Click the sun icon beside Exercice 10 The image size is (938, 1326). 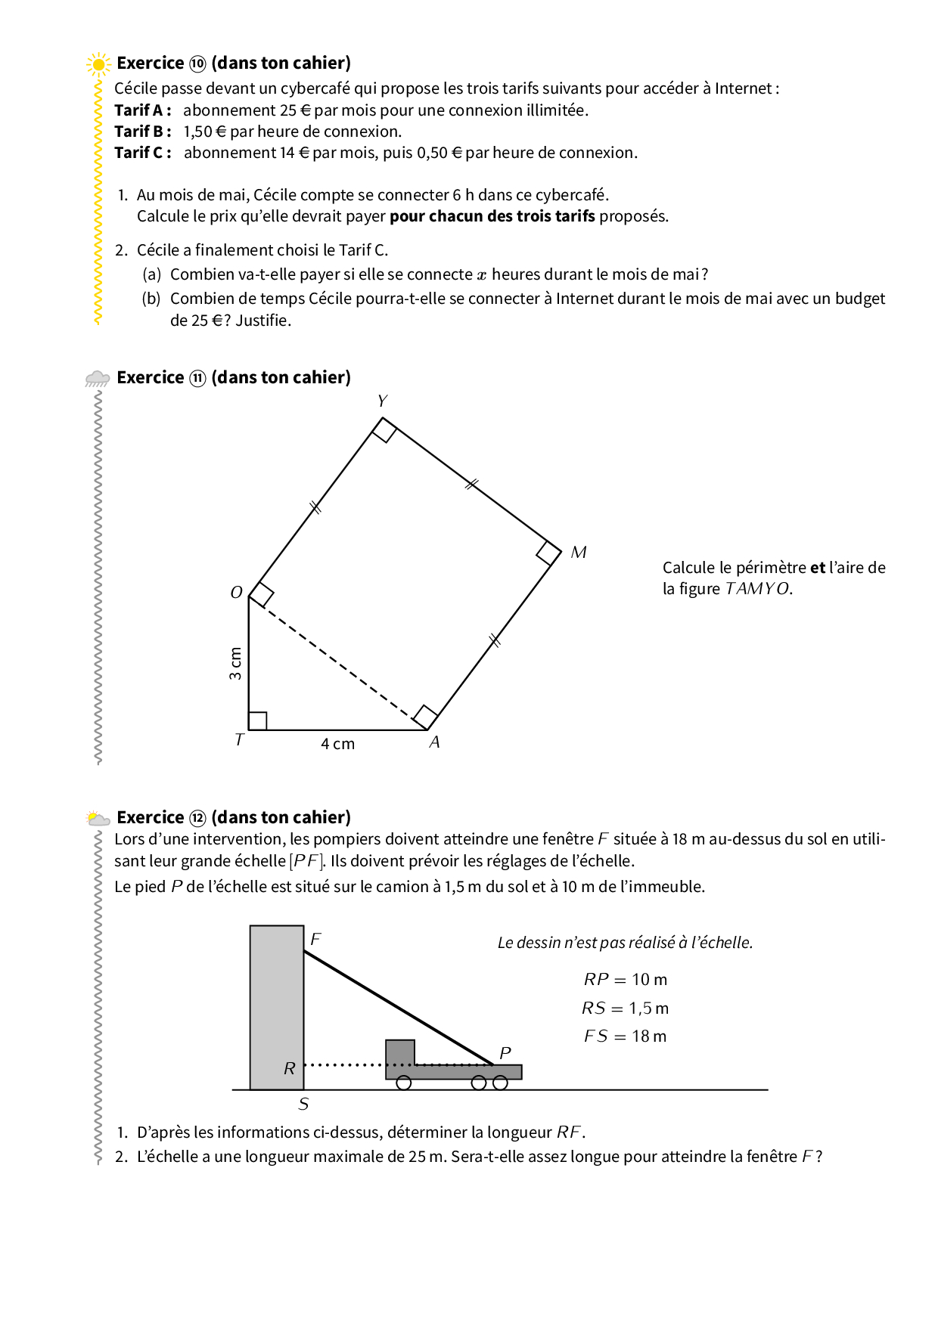tap(98, 64)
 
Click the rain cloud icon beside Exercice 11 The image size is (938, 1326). tap(98, 378)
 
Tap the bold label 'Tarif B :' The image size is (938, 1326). tap(143, 132)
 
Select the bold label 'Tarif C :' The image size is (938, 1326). tap(143, 153)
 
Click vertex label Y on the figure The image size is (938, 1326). tap(383, 401)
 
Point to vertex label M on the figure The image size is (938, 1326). tap(579, 553)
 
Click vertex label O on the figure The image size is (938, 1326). tap(237, 593)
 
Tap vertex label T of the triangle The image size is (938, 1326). tap(239, 739)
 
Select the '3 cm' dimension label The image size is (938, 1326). tap(236, 663)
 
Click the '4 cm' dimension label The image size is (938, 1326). tap(337, 744)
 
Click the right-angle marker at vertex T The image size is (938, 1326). tap(258, 720)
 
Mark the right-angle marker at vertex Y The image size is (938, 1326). tap(384, 430)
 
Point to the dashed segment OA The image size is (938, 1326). tap(338, 663)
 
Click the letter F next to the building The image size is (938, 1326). tap(316, 939)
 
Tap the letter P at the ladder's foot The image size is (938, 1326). tap(505, 1053)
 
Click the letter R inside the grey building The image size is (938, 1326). tap(289, 1069)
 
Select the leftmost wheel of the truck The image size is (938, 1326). tap(404, 1083)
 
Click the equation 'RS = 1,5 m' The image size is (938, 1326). tap(625, 1008)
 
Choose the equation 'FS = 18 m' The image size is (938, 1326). tap(625, 1036)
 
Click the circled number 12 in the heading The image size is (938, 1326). tap(197, 818)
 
